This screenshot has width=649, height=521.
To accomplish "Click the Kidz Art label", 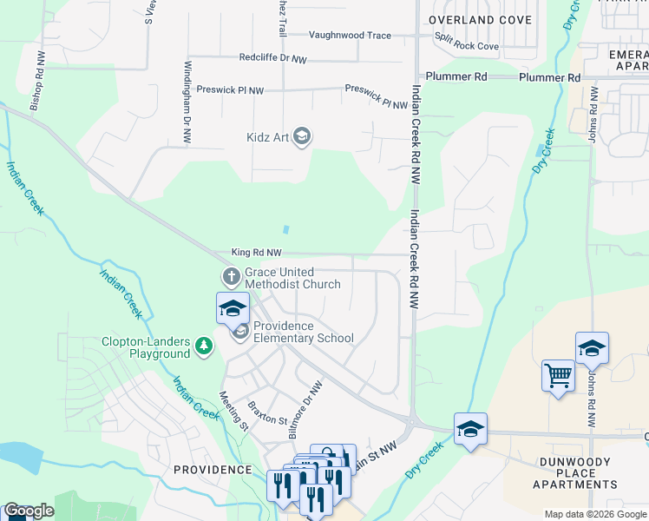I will [x=266, y=136].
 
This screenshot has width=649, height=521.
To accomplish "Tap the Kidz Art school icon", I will [x=301, y=136].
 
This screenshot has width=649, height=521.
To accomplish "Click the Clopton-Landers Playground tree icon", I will [x=204, y=347].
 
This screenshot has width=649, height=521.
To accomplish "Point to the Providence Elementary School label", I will [x=304, y=339].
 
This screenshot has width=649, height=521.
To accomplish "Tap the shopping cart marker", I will [x=558, y=377].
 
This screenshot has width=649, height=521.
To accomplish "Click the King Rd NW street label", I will [x=257, y=253].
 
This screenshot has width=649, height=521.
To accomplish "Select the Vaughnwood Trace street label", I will [x=351, y=36].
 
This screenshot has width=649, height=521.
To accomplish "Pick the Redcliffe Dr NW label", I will [x=273, y=58].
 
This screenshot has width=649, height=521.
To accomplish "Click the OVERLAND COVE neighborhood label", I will [x=474, y=19].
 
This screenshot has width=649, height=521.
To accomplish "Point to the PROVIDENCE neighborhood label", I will [x=213, y=469].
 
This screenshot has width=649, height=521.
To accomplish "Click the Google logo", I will [x=29, y=511].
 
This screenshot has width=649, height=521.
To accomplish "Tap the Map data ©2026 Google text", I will [x=595, y=514].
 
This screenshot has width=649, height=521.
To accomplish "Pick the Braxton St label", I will [x=267, y=413].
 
